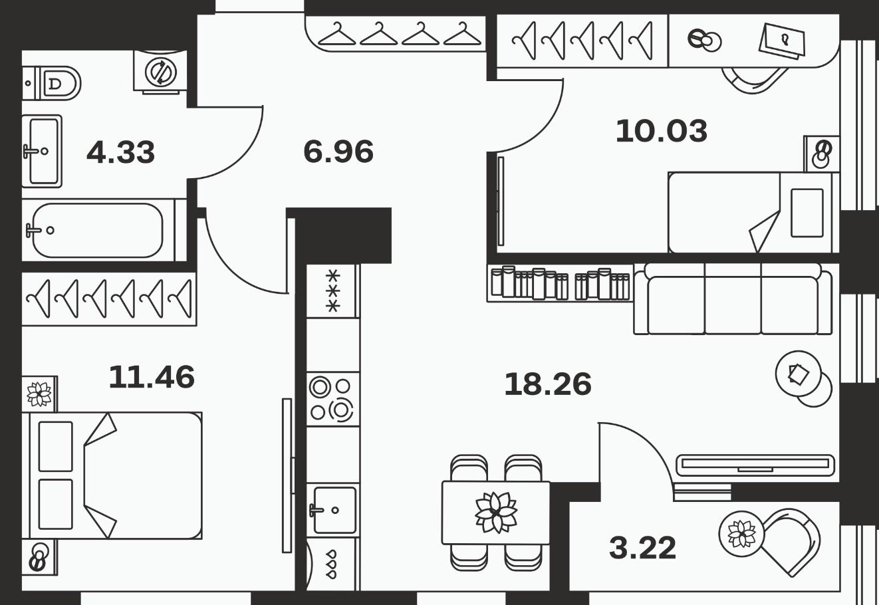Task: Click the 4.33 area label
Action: [121, 152]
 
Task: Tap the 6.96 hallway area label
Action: [338, 152]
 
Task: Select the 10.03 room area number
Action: [662, 131]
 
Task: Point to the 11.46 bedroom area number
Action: [152, 377]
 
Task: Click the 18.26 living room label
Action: [548, 384]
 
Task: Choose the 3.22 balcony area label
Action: [643, 548]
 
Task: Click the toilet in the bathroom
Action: [51, 83]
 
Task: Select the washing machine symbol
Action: [160, 72]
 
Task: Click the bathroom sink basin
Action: [42, 151]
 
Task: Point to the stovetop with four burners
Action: [332, 399]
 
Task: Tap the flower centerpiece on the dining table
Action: [496, 513]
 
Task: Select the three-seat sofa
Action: [733, 299]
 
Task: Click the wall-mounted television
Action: [755, 465]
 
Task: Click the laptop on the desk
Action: [782, 41]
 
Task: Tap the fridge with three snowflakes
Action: [332, 291]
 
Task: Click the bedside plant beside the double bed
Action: [39, 394]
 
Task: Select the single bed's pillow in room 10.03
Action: [807, 213]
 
